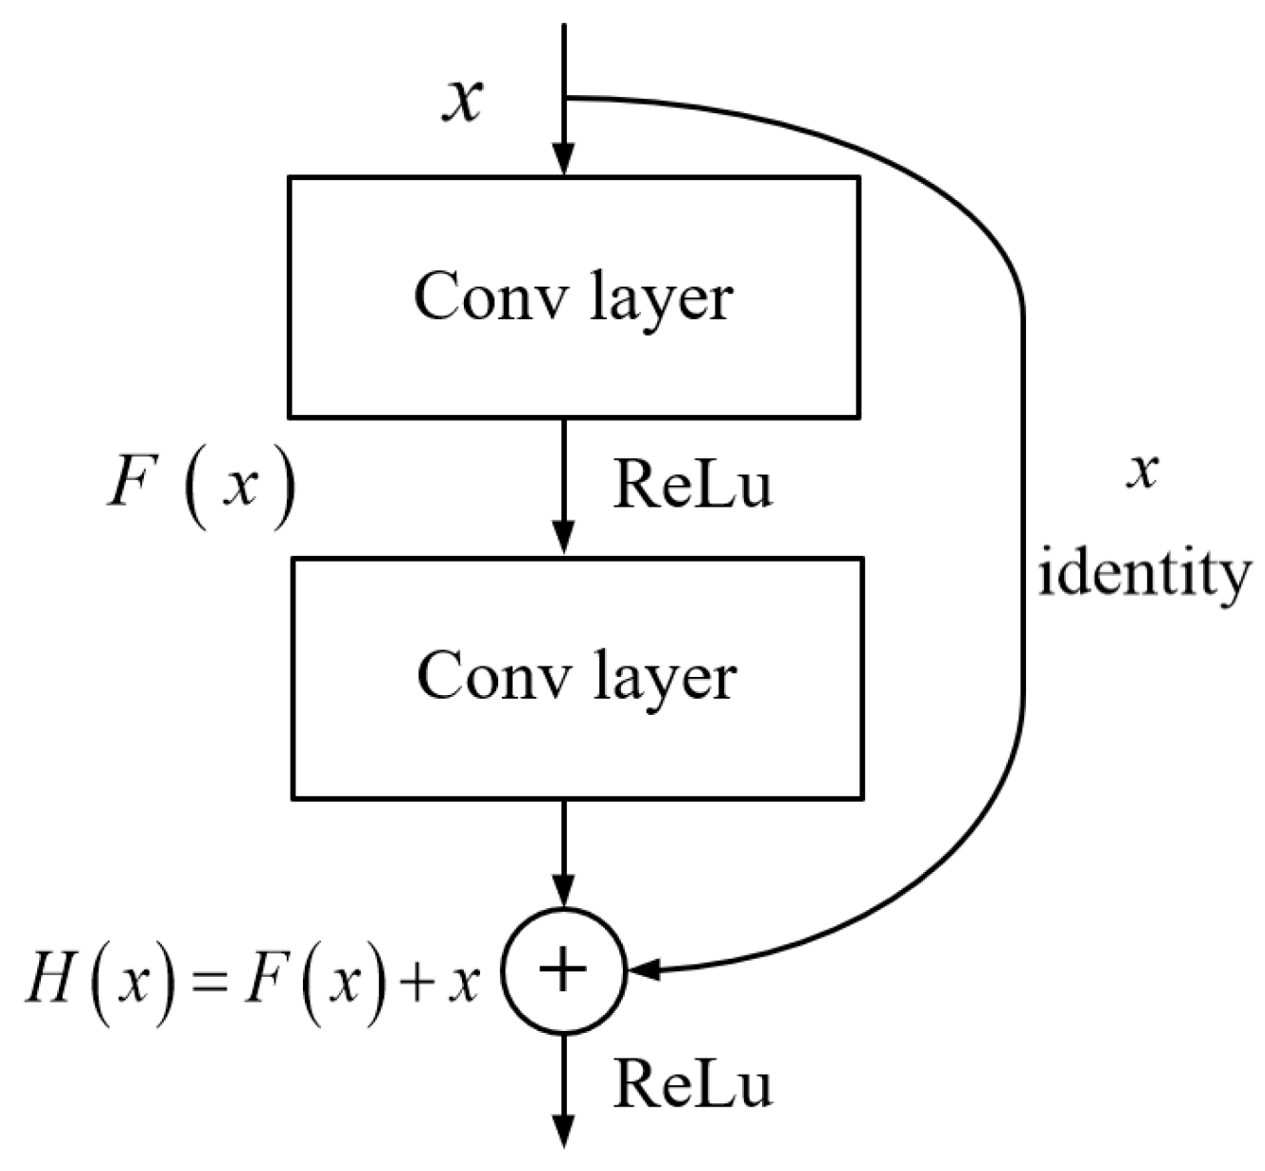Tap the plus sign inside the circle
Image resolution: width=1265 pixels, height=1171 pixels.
(x=563, y=972)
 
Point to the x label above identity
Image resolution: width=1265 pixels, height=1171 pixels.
(x=1141, y=469)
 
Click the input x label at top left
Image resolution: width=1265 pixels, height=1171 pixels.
(x=462, y=99)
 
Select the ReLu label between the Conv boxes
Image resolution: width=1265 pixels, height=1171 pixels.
(x=693, y=485)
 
